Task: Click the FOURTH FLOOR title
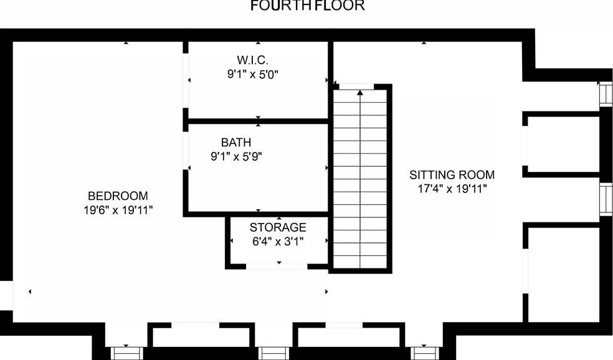[307, 6]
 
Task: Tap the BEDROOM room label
[118, 194]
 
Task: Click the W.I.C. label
[252, 60]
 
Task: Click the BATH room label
[236, 143]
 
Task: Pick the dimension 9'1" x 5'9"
[237, 157]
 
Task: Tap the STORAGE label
[278, 227]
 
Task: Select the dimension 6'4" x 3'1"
[277, 242]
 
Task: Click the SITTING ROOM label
[452, 174]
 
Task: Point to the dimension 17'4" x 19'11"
[452, 189]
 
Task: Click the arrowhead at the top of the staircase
[360, 93]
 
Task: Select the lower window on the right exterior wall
[605, 199]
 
